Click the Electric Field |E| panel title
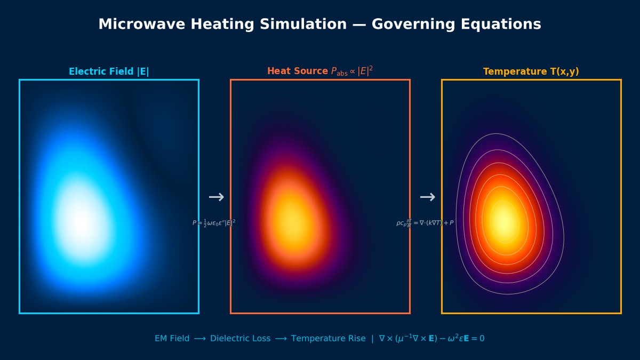click(109, 71)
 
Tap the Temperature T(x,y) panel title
click(531, 71)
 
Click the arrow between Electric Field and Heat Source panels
click(216, 197)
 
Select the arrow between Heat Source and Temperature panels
click(427, 197)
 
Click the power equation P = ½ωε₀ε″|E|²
click(214, 223)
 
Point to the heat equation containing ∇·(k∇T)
click(425, 223)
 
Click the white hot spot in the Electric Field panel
click(80, 221)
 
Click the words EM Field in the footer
click(172, 339)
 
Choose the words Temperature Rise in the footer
click(328, 339)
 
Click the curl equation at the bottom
click(431, 339)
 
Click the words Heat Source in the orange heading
click(298, 71)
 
